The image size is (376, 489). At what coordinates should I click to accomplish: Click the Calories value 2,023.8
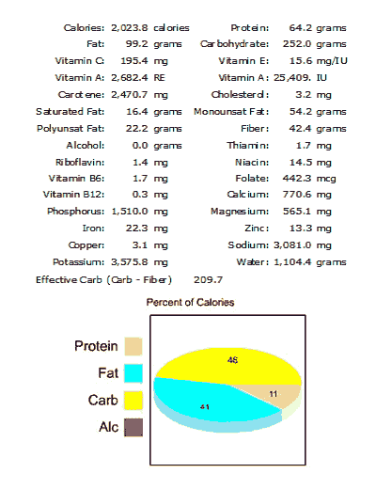click(130, 28)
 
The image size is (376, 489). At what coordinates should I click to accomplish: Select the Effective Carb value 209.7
click(208, 279)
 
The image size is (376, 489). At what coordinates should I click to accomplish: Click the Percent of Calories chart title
click(191, 303)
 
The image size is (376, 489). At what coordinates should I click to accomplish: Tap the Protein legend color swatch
click(133, 347)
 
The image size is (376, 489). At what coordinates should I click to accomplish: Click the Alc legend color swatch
click(133, 428)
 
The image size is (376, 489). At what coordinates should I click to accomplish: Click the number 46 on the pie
click(231, 360)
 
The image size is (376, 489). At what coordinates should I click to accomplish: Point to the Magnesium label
click(242, 212)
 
